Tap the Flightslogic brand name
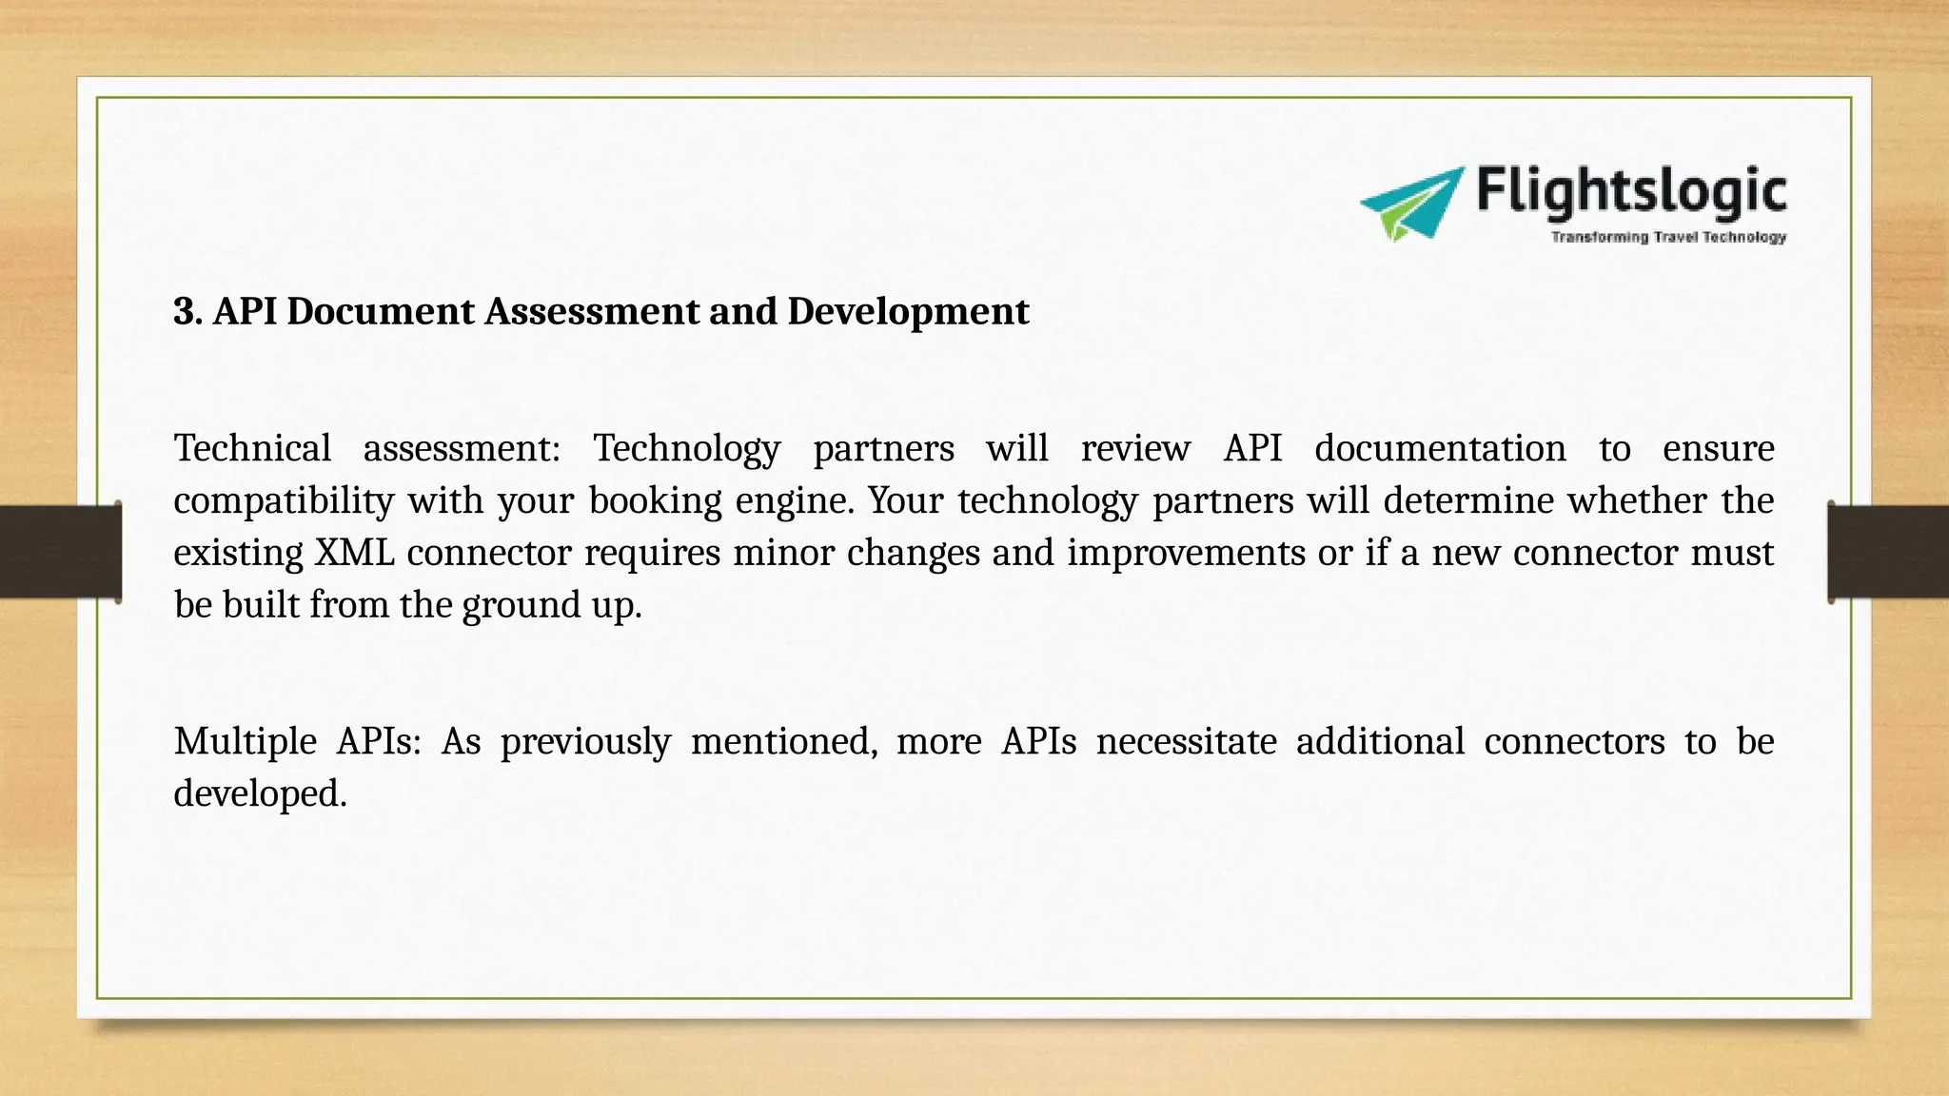tap(1631, 191)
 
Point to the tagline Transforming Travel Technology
tap(1668, 237)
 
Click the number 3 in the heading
tap(184, 311)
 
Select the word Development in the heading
tap(907, 311)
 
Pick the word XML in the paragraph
tap(354, 553)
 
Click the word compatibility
tap(284, 500)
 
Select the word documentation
tap(1440, 448)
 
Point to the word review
tap(1135, 448)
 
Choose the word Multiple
tap(245, 741)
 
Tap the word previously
tap(585, 741)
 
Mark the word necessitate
tap(1186, 741)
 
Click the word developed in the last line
tap(259, 793)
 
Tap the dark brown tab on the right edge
tap(1888, 552)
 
